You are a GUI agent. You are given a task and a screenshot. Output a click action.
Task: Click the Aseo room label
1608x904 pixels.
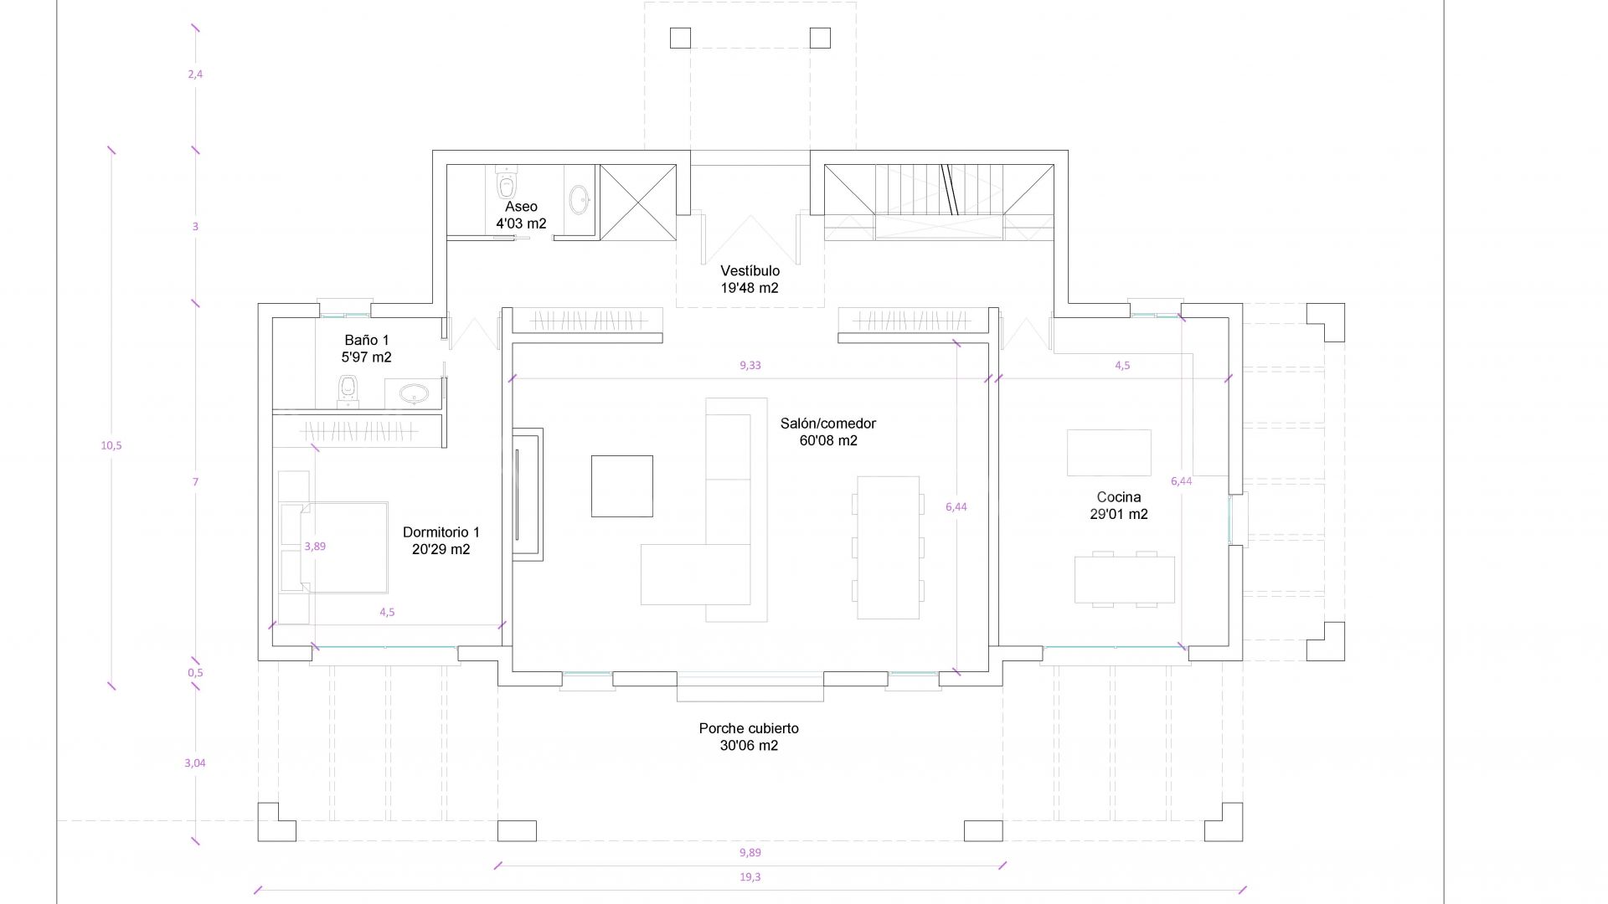tap(521, 215)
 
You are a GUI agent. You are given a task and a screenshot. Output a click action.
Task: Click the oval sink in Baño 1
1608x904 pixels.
tap(413, 393)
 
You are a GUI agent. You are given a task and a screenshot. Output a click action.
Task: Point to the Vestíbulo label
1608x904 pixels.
tap(750, 280)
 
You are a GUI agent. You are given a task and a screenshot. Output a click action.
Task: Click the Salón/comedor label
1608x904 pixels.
tap(827, 432)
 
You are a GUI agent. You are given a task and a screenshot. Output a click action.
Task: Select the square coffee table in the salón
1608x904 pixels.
tap(622, 486)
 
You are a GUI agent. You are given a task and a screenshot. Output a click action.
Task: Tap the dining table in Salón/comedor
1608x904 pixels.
tap(888, 547)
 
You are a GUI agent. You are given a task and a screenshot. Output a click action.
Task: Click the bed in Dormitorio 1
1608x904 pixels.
tap(333, 547)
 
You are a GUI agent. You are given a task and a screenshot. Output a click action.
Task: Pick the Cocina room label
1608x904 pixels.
tap(1119, 506)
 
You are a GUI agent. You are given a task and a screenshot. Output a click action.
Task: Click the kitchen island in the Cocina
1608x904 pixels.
tap(1109, 453)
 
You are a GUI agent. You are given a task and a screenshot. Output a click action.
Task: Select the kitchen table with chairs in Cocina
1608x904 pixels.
tap(1125, 579)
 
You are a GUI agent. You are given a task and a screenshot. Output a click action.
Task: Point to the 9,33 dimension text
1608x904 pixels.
tap(750, 365)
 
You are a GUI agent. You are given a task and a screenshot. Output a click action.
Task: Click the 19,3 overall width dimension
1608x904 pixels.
tap(750, 877)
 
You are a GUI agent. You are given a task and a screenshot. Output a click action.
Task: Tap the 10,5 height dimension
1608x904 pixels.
tap(111, 445)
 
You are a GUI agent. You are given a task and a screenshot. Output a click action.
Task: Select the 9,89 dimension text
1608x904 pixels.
tap(750, 853)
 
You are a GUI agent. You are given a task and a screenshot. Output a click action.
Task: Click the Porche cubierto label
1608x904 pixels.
tap(749, 737)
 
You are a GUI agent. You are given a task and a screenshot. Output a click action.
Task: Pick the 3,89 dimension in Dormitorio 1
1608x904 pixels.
tap(315, 546)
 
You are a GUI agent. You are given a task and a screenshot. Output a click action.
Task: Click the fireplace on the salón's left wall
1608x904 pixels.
tap(528, 495)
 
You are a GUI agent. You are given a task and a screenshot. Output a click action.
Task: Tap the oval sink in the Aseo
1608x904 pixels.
tap(579, 199)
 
